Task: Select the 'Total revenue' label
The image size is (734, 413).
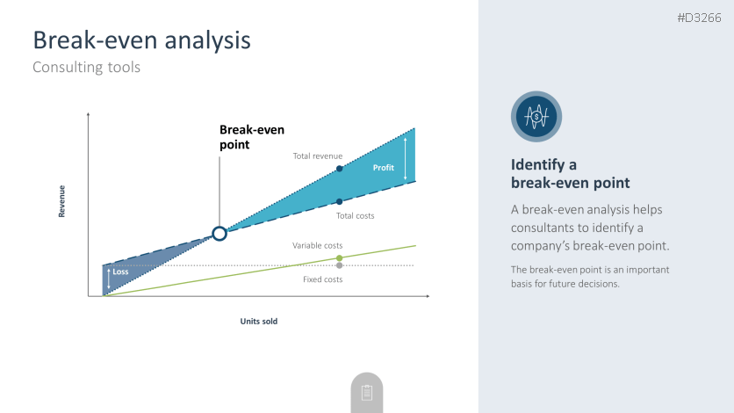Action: click(317, 156)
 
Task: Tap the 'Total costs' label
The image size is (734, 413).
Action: click(355, 216)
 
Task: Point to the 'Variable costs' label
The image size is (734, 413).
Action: click(317, 245)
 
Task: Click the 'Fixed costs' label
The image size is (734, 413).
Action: click(322, 279)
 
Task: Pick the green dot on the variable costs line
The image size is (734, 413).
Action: click(340, 258)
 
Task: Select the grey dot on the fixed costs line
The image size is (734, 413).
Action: click(340, 265)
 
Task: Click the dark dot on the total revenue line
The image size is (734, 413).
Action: click(340, 169)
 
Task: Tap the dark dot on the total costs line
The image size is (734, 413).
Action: click(340, 202)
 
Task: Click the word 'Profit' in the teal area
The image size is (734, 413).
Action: click(383, 168)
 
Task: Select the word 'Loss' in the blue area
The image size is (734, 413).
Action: click(120, 272)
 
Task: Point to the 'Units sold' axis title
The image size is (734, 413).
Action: click(259, 322)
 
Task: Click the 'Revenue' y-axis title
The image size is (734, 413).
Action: click(61, 201)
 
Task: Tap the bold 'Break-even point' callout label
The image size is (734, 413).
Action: click(252, 137)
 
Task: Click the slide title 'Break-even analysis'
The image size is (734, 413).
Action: click(142, 40)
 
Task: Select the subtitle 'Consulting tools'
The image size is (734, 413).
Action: click(87, 67)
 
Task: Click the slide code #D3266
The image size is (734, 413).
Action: click(700, 18)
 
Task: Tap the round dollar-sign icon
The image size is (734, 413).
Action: click(536, 117)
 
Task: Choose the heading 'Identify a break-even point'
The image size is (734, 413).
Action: click(570, 174)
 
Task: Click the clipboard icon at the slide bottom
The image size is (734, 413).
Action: click(367, 393)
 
